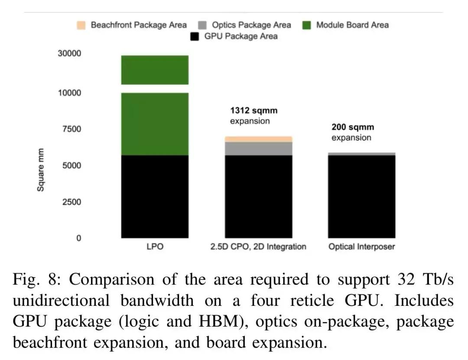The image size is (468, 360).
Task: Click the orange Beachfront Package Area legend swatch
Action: coord(81,25)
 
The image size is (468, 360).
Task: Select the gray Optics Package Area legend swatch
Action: coord(202,25)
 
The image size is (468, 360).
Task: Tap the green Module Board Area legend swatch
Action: coord(306,25)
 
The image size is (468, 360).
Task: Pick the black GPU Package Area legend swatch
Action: coord(195,36)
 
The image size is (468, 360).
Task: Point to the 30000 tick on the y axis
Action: coord(69,53)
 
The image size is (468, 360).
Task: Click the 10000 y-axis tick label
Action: coord(69,93)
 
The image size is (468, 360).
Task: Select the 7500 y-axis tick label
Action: coord(71,129)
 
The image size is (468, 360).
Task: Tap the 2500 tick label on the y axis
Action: coord(71,202)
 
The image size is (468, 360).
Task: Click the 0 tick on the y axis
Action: coord(79,238)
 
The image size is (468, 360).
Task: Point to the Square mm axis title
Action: coord(40,170)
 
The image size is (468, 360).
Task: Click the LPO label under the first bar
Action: coord(155,246)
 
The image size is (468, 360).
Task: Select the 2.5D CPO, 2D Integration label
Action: coord(258,246)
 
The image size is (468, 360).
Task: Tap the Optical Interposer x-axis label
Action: coord(362,246)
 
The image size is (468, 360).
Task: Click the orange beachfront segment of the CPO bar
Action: coord(258,139)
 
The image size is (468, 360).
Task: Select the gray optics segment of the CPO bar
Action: coord(258,149)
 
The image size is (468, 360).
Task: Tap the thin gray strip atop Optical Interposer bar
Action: coord(362,154)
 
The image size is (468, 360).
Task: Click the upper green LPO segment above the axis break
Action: coord(155,70)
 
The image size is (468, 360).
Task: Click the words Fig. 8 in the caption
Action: coord(37,280)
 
